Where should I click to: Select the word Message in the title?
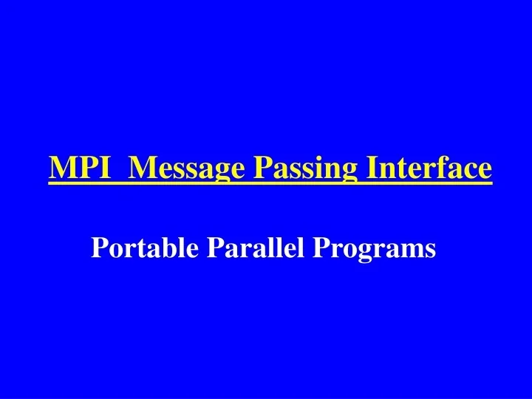pyautogui.click(x=188, y=169)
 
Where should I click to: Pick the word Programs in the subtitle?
pyautogui.click(x=375, y=249)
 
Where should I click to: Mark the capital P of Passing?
pyautogui.click(x=262, y=168)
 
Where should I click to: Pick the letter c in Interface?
pyautogui.click(x=471, y=170)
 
